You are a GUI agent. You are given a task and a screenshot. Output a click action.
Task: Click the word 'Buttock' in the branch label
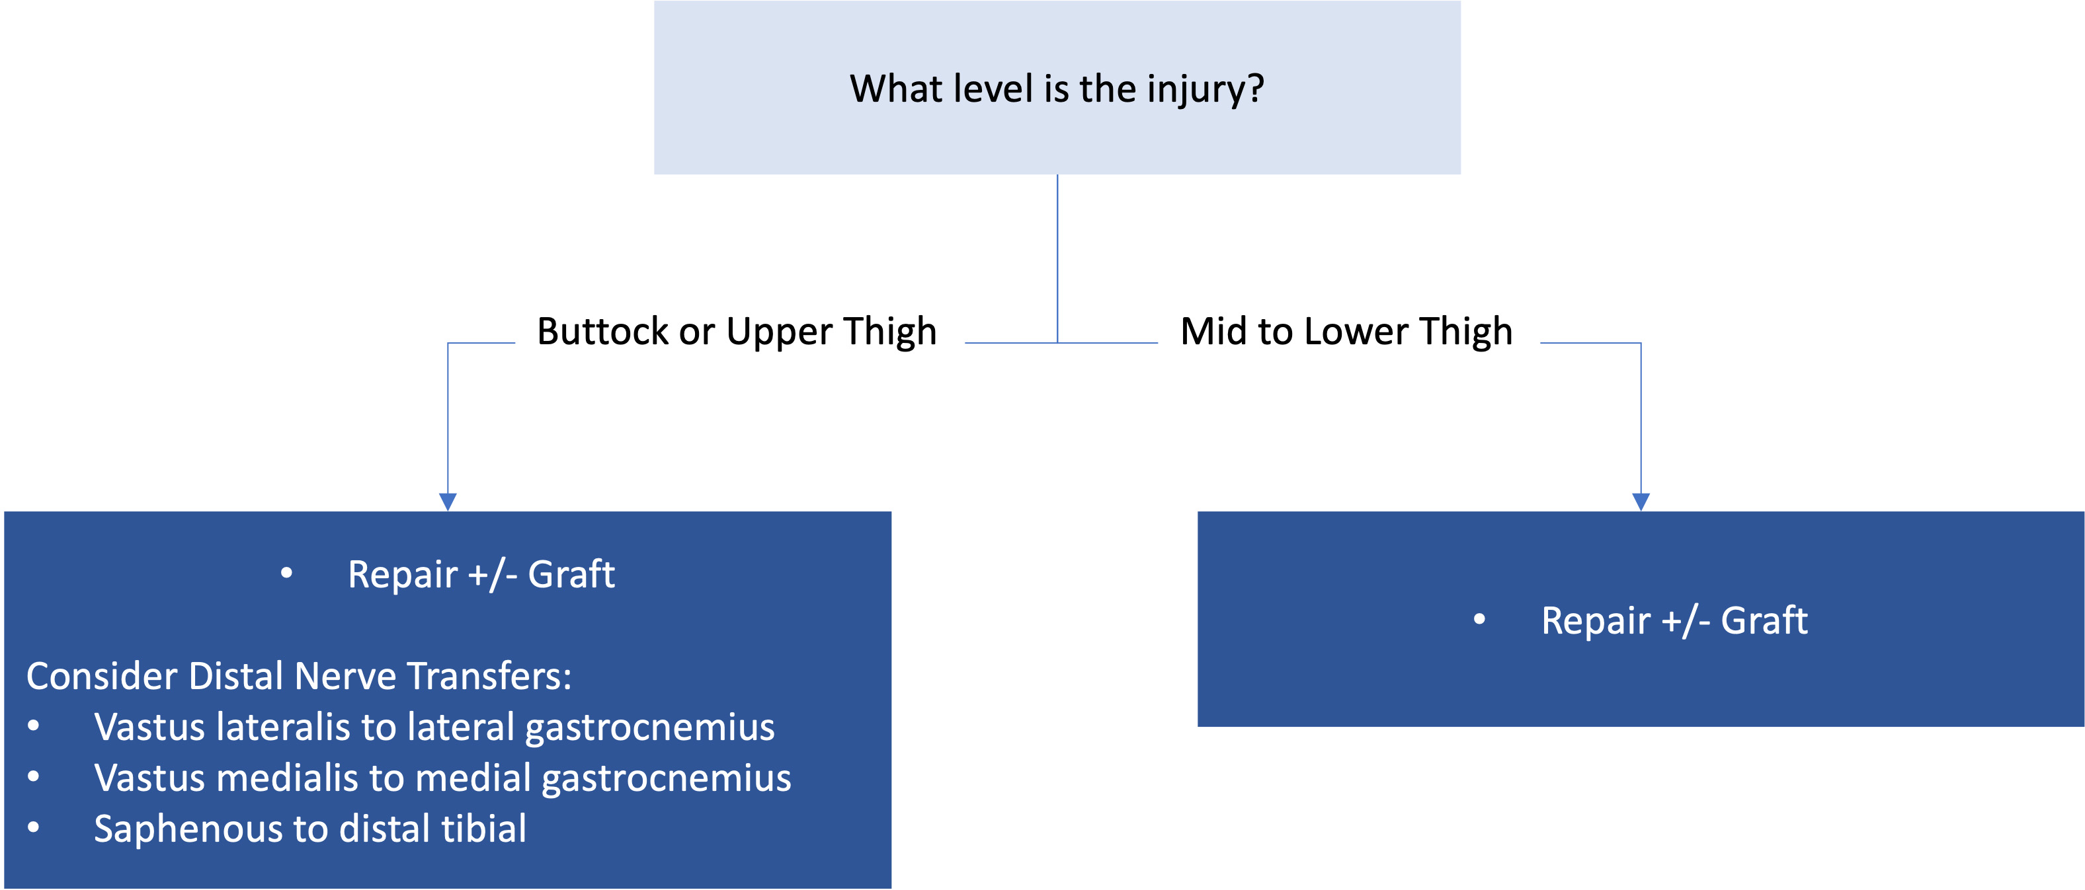[x=603, y=332]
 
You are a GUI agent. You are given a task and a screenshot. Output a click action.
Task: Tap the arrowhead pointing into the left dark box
[x=448, y=502]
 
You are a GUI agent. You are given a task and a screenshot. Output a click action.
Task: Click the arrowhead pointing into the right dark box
[x=1641, y=502]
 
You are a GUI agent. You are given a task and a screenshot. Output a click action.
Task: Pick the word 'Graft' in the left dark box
[x=571, y=574]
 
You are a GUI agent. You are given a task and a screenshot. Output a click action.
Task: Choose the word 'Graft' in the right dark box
[x=1764, y=620]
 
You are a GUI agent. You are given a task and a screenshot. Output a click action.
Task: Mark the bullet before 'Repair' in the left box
[x=286, y=573]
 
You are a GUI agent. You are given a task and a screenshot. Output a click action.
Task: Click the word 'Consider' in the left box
[x=102, y=677]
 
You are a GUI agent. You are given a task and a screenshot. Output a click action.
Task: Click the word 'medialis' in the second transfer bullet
[x=288, y=778]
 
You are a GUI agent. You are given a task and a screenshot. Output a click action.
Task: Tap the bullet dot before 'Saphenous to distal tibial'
[x=33, y=827]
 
